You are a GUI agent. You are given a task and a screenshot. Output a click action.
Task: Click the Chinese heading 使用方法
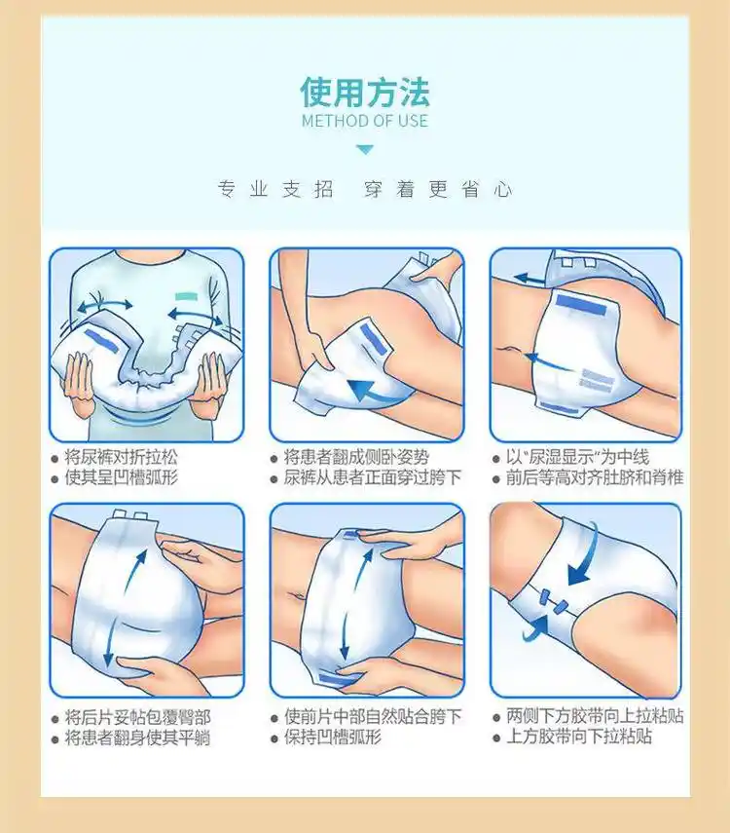364,93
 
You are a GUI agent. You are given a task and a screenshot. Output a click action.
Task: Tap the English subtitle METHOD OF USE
364,122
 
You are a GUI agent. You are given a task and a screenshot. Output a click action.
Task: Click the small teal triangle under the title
364,150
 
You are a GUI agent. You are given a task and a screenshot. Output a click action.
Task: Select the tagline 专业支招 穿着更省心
364,190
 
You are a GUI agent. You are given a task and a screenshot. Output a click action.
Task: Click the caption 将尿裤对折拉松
122,456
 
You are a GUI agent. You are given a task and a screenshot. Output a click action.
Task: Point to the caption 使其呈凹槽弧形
122,477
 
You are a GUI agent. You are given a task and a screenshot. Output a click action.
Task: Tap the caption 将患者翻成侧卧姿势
356,456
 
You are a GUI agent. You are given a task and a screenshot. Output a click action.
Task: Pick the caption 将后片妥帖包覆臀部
137,716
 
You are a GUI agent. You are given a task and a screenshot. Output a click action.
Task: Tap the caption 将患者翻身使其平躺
137,738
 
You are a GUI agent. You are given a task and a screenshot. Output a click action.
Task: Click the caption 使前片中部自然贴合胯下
372,716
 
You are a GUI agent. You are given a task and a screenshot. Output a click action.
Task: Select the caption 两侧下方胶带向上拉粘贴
594,716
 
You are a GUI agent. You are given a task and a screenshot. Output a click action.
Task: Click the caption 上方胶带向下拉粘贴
578,738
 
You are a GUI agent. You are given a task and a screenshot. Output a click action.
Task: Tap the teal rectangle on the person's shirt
188,294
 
